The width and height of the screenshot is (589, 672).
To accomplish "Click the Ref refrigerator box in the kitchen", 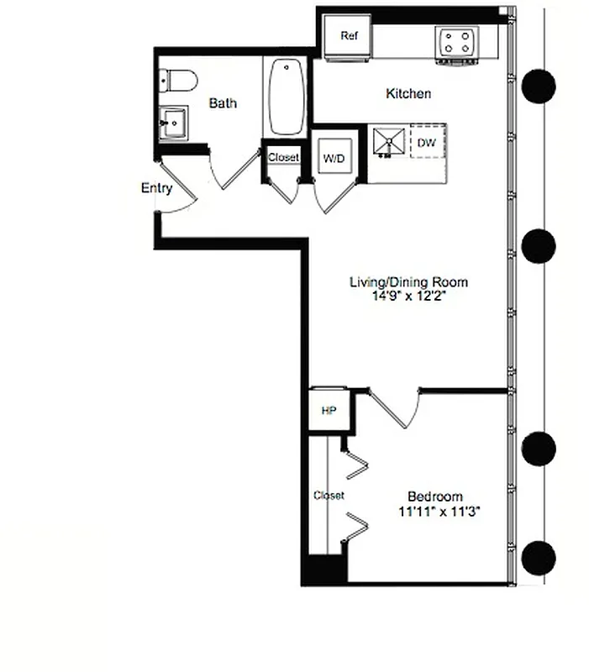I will pyautogui.click(x=350, y=37).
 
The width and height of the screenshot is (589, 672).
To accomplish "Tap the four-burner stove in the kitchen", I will pyautogui.click(x=457, y=44).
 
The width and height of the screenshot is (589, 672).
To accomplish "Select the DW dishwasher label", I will pyautogui.click(x=426, y=144).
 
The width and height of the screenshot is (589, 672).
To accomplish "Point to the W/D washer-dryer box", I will pyautogui.click(x=334, y=157).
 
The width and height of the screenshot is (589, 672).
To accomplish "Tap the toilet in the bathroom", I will pyautogui.click(x=178, y=81).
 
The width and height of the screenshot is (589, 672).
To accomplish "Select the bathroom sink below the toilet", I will pyautogui.click(x=175, y=123).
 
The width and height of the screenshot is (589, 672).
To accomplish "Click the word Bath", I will pyautogui.click(x=223, y=103).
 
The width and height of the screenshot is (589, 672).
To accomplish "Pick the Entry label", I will pyautogui.click(x=156, y=188).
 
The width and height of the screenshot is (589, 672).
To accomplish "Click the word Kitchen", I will pyautogui.click(x=408, y=93).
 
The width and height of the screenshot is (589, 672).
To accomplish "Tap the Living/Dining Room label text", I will pyautogui.click(x=408, y=282).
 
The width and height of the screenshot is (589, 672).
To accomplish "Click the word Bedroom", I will pyautogui.click(x=434, y=496).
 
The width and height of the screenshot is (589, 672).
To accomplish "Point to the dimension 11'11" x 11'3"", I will pyautogui.click(x=439, y=511).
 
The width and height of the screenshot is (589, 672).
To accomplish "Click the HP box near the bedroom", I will pyautogui.click(x=329, y=411).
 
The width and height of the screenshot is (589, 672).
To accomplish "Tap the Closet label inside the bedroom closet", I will pyautogui.click(x=329, y=496).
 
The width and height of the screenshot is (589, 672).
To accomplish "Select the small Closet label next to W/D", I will pyautogui.click(x=283, y=157).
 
